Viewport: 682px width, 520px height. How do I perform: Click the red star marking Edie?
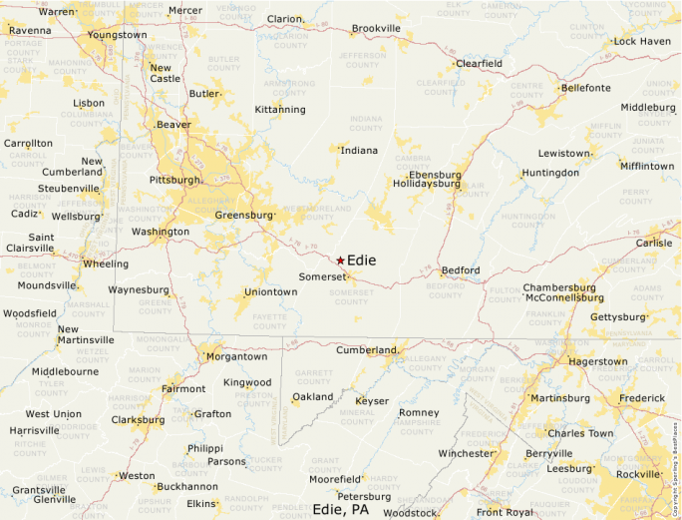click(340, 260)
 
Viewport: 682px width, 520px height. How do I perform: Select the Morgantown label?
click(236, 356)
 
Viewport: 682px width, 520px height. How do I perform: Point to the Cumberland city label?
click(366, 350)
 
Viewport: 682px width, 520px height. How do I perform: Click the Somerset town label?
click(322, 276)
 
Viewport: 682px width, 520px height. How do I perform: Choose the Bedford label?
click(461, 270)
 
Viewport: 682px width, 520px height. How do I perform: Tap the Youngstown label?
click(118, 35)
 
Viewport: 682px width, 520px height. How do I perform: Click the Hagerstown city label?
click(597, 361)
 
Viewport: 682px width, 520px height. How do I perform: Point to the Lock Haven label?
click(642, 42)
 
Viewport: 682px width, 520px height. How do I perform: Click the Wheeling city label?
click(105, 264)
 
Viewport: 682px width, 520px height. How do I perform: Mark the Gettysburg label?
click(618, 317)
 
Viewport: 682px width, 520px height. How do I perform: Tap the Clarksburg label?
click(138, 420)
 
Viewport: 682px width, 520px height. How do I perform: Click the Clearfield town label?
click(479, 64)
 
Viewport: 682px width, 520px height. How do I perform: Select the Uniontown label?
click(271, 292)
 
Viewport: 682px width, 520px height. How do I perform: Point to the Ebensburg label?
click(435, 175)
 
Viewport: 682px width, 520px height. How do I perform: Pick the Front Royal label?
click(504, 512)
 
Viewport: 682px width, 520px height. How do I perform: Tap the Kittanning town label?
click(280, 109)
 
